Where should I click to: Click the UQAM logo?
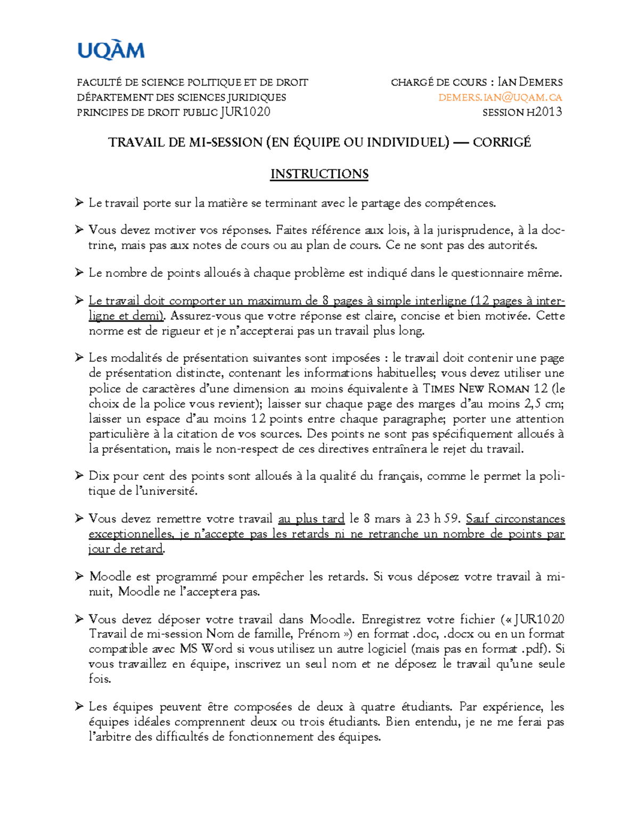pos(111,51)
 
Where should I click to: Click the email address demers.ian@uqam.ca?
pos(500,97)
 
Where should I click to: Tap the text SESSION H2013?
pos(522,112)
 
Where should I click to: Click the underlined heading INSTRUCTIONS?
pos(319,174)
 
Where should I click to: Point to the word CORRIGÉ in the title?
pos(502,142)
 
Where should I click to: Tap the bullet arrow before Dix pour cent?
pos(79,475)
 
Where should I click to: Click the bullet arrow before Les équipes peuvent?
pos(79,706)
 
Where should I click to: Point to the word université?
pos(170,491)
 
